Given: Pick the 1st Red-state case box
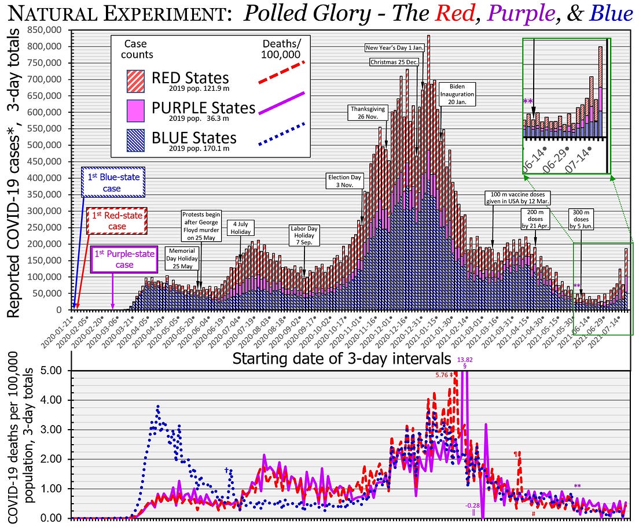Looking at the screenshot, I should point(117,221).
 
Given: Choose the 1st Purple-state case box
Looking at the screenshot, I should point(124,260).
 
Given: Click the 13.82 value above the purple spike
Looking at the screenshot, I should point(465,360).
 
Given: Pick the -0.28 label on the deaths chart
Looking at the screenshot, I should point(473,505).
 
